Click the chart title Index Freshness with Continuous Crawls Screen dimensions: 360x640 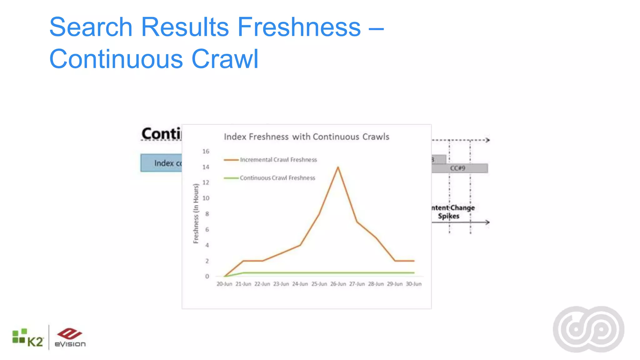pos(306,137)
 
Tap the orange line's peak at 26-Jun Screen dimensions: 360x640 pos(338,167)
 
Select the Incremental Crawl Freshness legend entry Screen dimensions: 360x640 pos(278,160)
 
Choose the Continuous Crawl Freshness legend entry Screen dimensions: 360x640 pos(277,178)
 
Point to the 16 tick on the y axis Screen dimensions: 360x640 pos(206,152)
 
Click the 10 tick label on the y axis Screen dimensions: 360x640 pos(206,198)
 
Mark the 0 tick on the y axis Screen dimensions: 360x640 pos(207,276)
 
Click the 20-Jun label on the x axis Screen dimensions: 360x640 pos(224,284)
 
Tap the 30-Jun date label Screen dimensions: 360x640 pos(413,284)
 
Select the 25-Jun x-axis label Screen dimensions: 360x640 pos(319,284)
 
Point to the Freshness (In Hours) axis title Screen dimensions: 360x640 pos(196,213)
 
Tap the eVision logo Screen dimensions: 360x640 pos(70,338)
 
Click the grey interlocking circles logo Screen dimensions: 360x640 pos(588,329)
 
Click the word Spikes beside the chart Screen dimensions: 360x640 pos(448,216)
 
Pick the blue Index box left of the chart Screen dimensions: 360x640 pos(161,163)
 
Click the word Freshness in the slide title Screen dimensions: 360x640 pos(299,27)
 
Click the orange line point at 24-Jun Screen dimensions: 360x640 pos(300,245)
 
